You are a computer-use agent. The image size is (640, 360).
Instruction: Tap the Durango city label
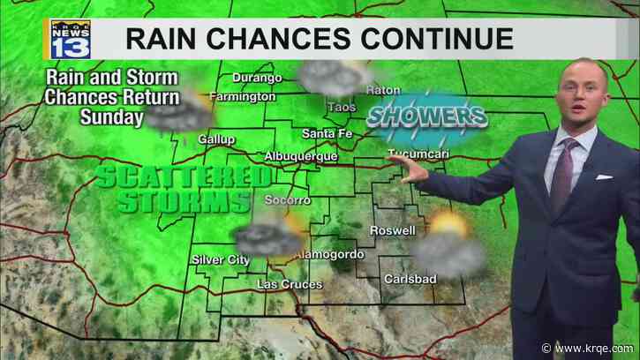(x=256, y=77)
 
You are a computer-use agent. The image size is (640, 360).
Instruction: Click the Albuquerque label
(x=301, y=156)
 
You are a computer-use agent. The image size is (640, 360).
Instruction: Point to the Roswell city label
(x=391, y=230)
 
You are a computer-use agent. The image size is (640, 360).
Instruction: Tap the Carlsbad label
(x=407, y=279)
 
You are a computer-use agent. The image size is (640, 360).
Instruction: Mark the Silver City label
(x=220, y=259)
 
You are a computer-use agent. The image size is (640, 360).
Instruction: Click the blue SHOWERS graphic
(x=426, y=117)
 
